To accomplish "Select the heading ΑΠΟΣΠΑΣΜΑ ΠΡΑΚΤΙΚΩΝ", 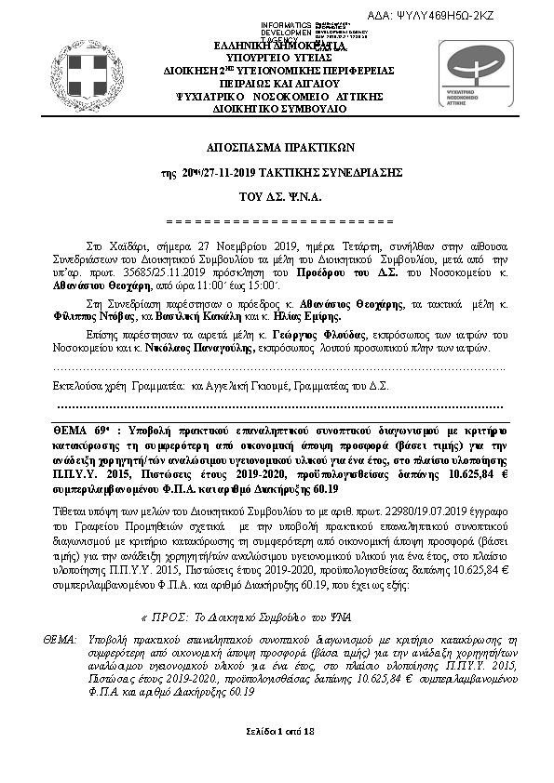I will click(279, 149).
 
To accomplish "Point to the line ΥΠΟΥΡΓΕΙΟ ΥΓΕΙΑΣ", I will click(279, 57).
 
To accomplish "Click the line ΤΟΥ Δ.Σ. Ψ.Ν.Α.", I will click(279, 197).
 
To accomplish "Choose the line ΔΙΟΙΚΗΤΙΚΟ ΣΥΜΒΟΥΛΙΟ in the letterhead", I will click(279, 109).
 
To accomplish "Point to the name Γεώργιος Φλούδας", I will click(301, 333).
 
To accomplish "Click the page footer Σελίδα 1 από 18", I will click(279, 734).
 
